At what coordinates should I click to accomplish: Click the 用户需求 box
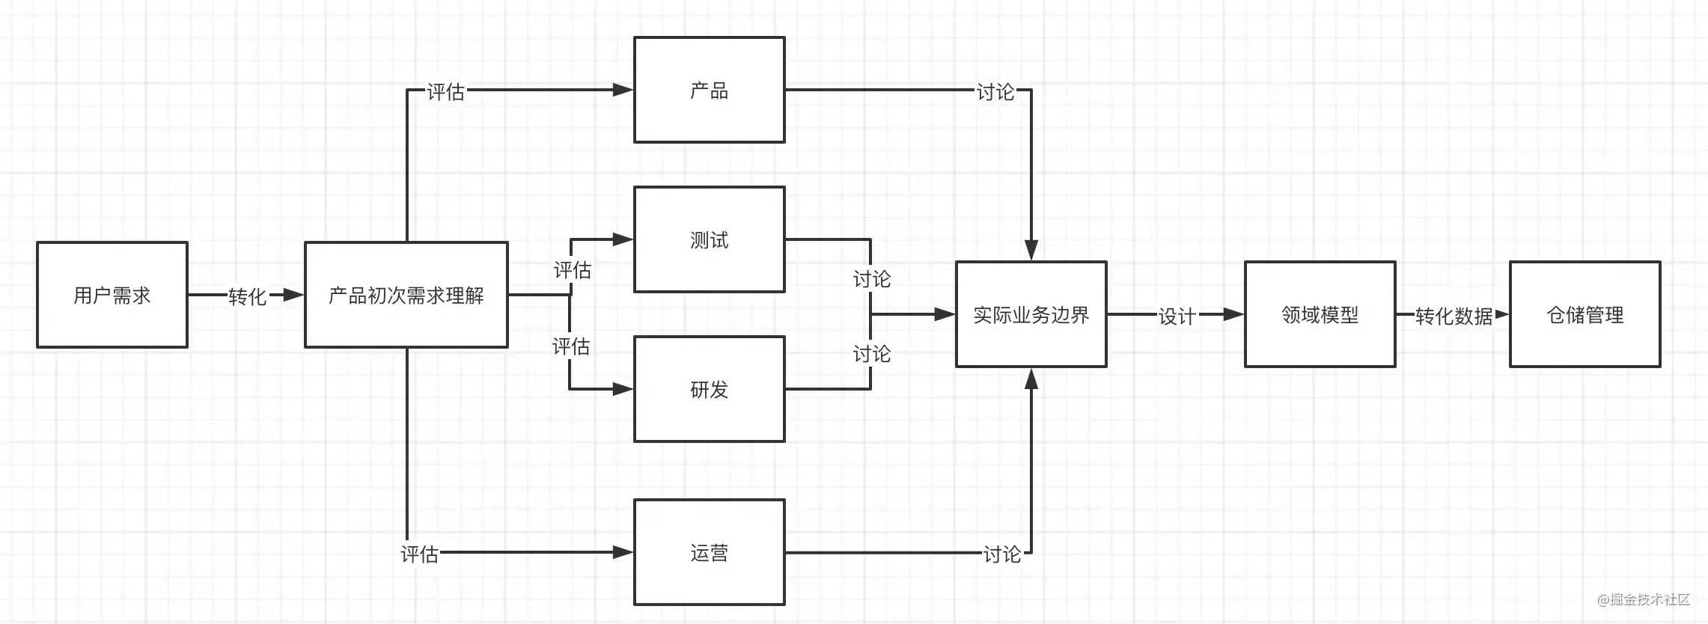coord(112,295)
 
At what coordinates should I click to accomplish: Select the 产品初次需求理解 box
coord(406,295)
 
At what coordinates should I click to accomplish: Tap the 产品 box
coord(710,90)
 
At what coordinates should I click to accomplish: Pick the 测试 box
coord(710,239)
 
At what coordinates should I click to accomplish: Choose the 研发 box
coord(710,389)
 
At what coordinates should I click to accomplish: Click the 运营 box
coord(710,552)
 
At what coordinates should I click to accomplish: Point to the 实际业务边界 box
coord(1031,314)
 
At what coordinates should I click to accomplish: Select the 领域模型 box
coord(1320,314)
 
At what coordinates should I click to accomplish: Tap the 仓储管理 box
coord(1585,314)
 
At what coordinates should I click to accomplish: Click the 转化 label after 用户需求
coord(248,296)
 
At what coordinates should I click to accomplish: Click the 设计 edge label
coord(1177,316)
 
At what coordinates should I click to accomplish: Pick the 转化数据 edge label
coord(1454,316)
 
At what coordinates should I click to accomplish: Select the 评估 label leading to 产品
coord(446,91)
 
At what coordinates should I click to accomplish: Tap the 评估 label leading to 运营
coord(420,554)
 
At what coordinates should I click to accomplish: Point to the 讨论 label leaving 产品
coord(995,91)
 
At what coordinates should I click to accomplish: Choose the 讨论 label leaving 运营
coord(1002,554)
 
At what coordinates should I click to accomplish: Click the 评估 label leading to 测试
coord(573,269)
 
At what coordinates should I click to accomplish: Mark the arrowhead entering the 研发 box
coord(623,389)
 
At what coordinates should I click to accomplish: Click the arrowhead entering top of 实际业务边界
coord(1031,250)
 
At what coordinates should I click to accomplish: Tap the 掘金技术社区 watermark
coord(1644,599)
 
